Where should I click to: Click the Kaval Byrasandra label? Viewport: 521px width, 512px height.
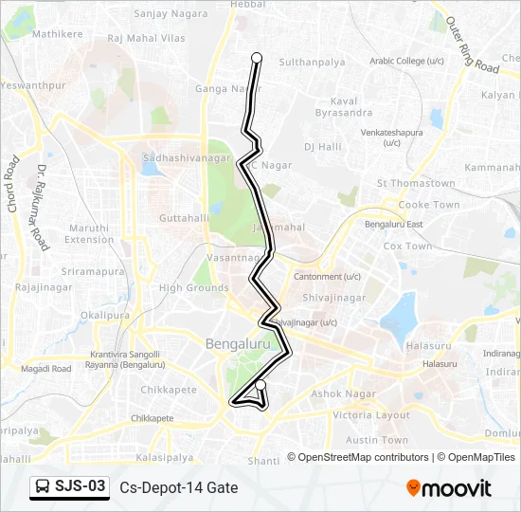click(351, 106)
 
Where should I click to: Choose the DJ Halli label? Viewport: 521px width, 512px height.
click(322, 147)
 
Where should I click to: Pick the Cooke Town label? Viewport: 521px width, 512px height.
click(428, 205)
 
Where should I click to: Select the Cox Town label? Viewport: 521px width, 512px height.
click(407, 247)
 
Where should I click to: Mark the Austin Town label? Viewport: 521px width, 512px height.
click(377, 440)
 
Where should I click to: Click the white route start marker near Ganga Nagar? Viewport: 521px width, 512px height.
click(256, 58)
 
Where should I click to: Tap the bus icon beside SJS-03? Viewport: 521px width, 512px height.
click(43, 487)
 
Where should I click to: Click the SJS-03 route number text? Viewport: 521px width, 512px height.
click(81, 487)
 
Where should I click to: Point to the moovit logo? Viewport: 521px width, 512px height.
click(449, 488)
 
